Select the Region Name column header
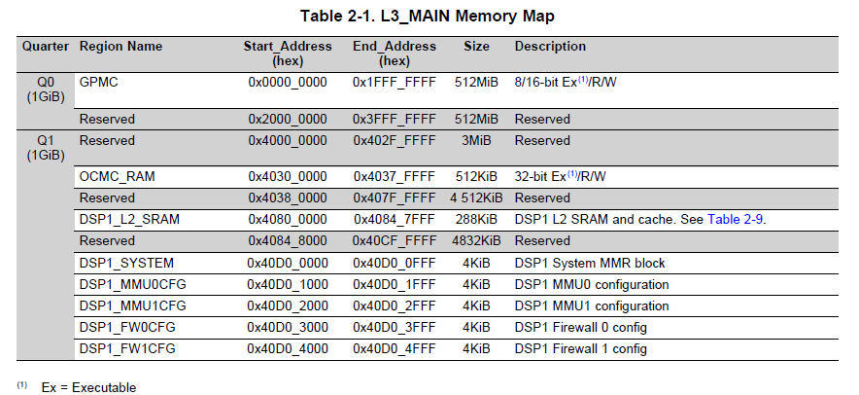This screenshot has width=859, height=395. coord(120,47)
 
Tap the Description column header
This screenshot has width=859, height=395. coord(550,47)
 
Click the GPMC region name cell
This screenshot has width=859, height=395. coord(97,82)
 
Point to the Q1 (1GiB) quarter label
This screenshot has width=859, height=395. coord(45,148)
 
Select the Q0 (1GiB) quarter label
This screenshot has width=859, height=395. coord(45,90)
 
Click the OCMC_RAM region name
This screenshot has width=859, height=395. coord(117,177)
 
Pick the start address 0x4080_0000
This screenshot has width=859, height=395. coord(288,220)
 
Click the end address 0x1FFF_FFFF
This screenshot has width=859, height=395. coord(394,82)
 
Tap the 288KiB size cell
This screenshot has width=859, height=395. coord(476,220)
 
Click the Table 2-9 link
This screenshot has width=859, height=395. coord(736,220)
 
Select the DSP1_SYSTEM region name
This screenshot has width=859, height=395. coord(126,263)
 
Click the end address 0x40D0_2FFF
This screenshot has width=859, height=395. coord(394,305)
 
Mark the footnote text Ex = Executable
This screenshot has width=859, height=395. coord(88,387)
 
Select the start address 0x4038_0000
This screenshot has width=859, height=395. coord(288,198)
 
